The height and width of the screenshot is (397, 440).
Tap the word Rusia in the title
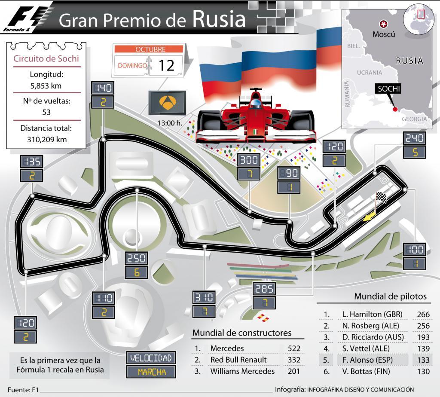pos(219,19)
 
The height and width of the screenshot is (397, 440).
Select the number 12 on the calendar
pos(166,65)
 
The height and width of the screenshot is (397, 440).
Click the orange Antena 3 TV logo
pos(167,102)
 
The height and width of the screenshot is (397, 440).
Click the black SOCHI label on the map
pos(389,89)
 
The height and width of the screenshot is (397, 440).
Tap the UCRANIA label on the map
pos(369,73)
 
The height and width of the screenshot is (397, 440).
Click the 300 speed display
pos(249,160)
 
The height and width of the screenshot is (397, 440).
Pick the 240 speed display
pos(415,138)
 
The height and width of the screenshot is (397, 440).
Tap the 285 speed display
pos(263,289)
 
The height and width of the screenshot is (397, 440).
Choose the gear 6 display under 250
pos(136,272)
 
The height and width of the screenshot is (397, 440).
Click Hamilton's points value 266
pos(423,314)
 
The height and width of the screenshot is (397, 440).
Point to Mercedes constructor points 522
pos(294,348)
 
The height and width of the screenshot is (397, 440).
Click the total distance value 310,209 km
pos(46,139)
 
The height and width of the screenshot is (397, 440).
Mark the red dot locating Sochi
pos(395,109)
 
